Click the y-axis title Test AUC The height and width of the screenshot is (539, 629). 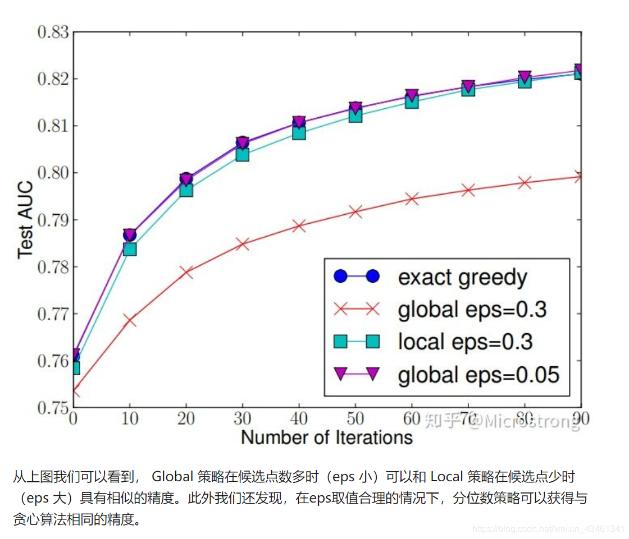[x=26, y=219]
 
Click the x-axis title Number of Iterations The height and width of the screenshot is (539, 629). [x=327, y=437]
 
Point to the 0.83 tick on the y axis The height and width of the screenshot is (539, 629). [x=53, y=31]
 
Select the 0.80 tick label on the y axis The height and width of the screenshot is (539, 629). [x=53, y=172]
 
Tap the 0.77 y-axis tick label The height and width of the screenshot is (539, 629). [x=53, y=314]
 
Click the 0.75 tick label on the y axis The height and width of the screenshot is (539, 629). [x=53, y=408]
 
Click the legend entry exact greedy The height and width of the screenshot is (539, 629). [x=463, y=277]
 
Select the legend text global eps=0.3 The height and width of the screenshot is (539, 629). [x=472, y=309]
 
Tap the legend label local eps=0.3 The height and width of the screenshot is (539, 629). [x=466, y=341]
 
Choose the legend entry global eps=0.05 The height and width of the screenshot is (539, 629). [x=478, y=374]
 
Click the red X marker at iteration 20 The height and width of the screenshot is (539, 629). [x=186, y=273]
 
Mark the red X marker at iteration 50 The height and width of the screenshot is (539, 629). [x=355, y=211]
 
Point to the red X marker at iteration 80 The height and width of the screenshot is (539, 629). [x=525, y=183]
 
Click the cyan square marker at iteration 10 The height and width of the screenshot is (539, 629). [x=130, y=248]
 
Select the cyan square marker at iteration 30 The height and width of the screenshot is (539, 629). [x=242, y=154]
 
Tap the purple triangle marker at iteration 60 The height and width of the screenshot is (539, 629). [x=412, y=95]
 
